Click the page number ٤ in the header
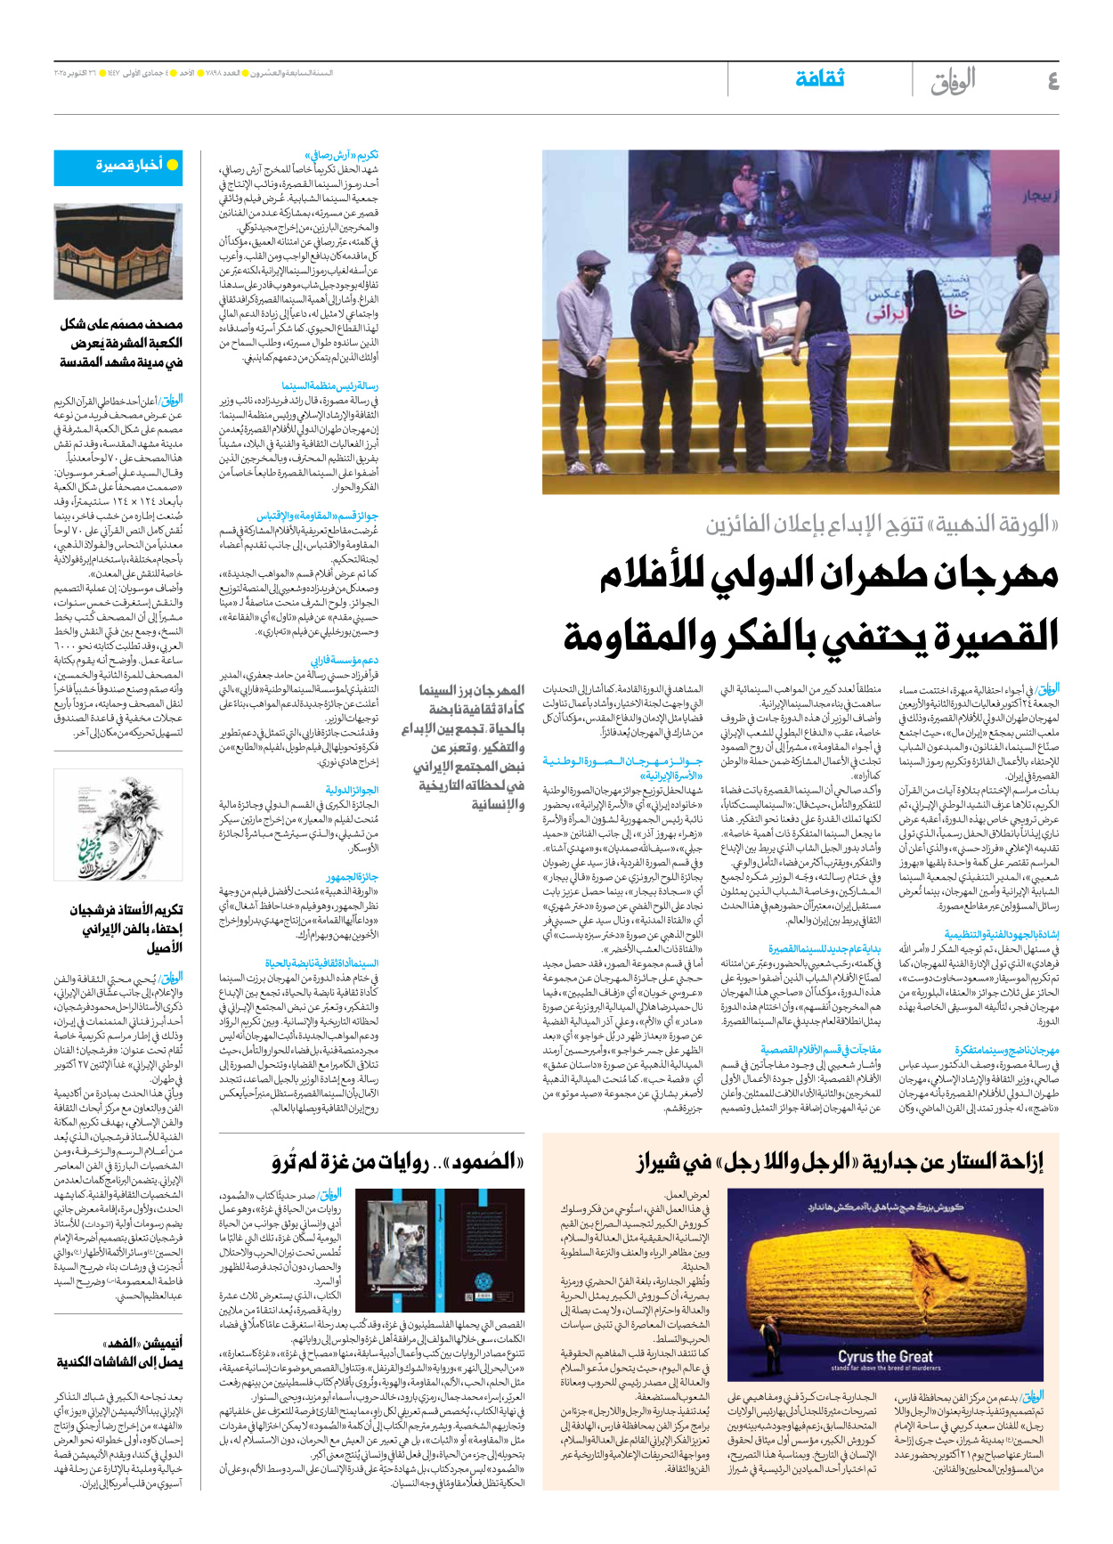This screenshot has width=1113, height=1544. [1052, 81]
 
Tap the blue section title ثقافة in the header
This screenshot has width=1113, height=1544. [819, 79]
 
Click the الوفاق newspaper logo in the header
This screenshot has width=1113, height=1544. [953, 82]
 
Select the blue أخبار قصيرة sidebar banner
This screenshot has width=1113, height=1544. [118, 166]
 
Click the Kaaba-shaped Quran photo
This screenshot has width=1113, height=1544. [118, 252]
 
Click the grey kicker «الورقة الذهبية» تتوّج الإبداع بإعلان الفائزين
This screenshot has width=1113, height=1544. [881, 524]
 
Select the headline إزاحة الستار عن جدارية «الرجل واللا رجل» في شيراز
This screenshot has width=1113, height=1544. [840, 1163]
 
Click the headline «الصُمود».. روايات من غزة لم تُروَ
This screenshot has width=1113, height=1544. [398, 1163]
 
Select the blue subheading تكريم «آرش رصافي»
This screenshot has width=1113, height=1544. [342, 155]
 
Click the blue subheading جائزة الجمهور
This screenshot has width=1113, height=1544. [353, 877]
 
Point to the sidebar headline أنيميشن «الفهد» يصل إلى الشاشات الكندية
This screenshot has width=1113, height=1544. [120, 1353]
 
